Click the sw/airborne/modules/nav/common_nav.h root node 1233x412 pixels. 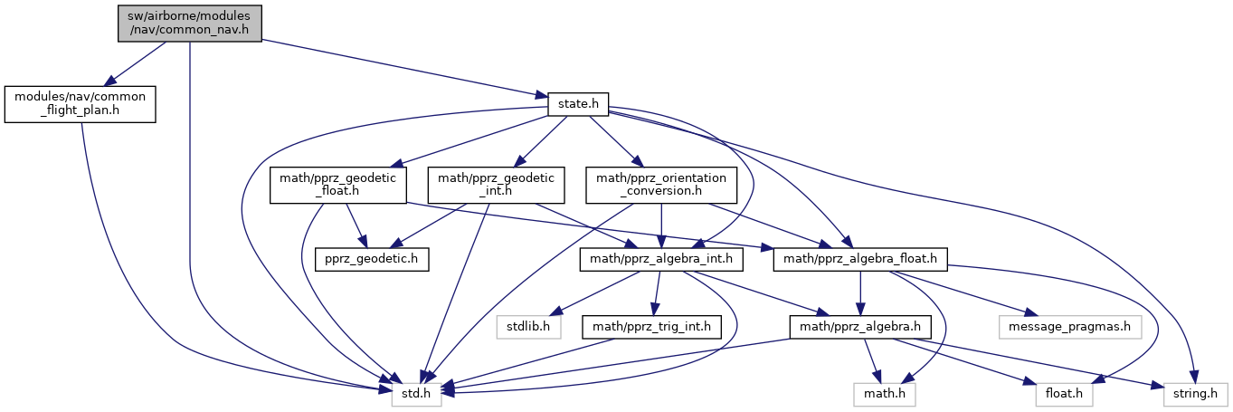pos(189,23)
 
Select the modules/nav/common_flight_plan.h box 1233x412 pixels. pos(81,104)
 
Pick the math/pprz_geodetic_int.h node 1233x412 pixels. pos(496,185)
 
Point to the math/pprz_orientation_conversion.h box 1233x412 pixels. pos(659,185)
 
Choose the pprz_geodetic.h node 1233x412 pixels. pos(371,259)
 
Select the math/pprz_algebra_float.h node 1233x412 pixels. pos(860,259)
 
